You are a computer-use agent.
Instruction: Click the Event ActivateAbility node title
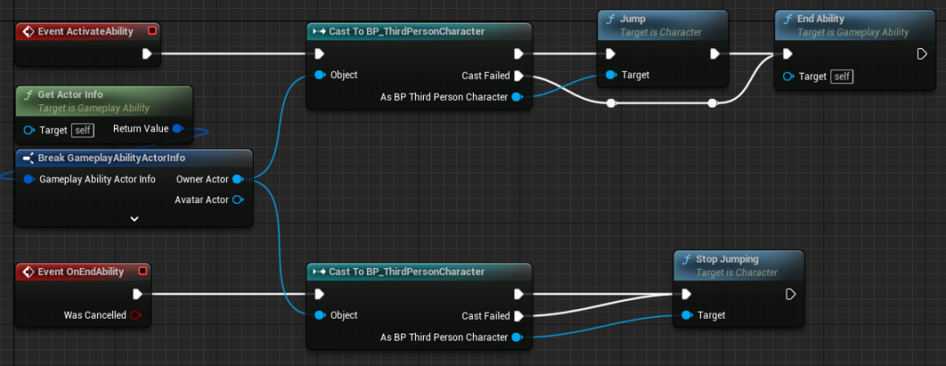[x=85, y=32]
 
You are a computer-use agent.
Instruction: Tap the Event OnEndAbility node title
[x=81, y=271]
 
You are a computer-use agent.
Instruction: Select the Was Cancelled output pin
[x=136, y=315]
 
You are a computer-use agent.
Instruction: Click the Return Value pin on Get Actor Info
[x=178, y=130]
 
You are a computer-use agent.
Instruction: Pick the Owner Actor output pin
[x=236, y=179]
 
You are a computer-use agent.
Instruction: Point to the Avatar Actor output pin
[x=236, y=200]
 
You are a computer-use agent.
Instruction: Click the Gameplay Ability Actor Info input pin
[x=30, y=179]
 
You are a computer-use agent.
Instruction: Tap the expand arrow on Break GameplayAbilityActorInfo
[x=134, y=218]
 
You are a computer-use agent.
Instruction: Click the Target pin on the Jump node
[x=611, y=75]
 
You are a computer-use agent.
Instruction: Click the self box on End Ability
[x=843, y=76]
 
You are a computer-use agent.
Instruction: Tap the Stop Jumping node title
[x=727, y=259]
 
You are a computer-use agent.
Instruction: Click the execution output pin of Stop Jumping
[x=791, y=294]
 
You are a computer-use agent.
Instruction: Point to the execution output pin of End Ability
[x=921, y=54]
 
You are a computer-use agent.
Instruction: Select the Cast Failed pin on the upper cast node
[x=519, y=75]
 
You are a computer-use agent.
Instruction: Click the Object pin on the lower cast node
[x=320, y=315]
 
